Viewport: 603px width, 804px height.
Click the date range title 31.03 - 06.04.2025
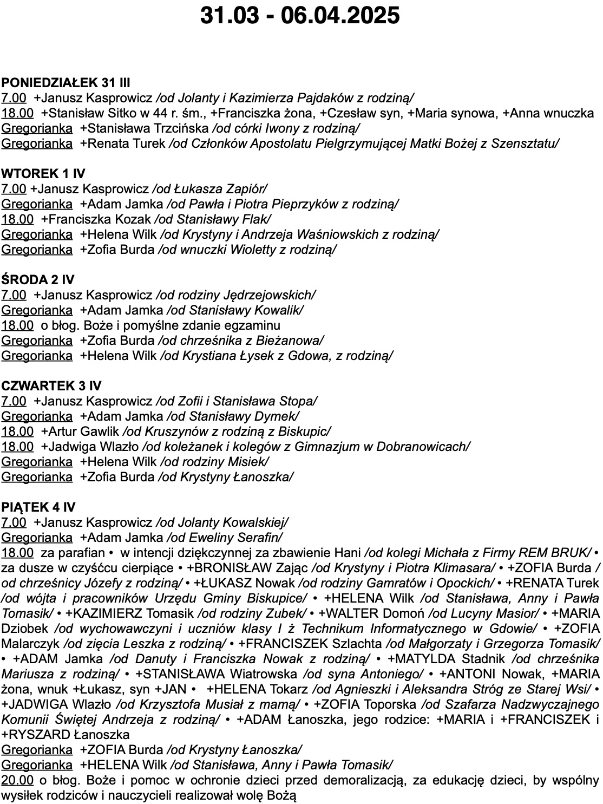[x=300, y=16]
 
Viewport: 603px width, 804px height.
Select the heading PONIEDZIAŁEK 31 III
[x=65, y=83]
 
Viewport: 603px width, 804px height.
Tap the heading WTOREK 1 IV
[x=43, y=174]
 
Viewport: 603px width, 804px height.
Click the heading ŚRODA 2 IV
[x=37, y=280]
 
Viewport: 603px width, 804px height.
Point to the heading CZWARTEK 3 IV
[x=51, y=386]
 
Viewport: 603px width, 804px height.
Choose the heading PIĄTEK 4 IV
[x=38, y=507]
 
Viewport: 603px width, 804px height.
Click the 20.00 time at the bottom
[x=17, y=780]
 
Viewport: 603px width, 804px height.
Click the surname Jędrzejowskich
[x=268, y=295]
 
